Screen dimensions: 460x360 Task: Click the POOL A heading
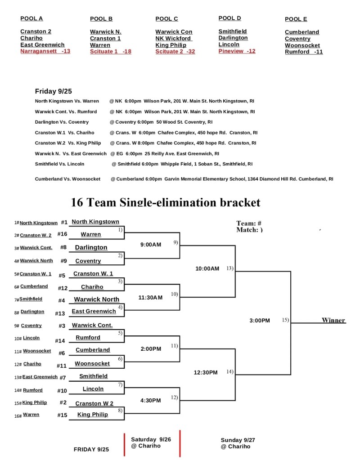(31, 18)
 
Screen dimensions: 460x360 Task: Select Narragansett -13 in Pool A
(45, 51)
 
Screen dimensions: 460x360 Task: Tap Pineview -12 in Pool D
(237, 51)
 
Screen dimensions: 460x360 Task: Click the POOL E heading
(296, 19)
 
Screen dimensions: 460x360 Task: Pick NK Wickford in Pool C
(174, 39)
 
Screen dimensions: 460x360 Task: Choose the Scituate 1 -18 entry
(111, 52)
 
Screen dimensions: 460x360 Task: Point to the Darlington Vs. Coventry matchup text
(62, 122)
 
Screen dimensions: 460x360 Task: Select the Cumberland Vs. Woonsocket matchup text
(67, 179)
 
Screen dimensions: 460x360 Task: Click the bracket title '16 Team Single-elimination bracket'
(166, 202)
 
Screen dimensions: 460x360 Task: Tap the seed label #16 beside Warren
(62, 234)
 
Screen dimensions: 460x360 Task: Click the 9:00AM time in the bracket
(150, 245)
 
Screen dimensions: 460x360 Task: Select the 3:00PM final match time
(259, 321)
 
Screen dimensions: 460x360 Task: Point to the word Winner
(333, 320)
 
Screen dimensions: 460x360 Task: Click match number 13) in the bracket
(230, 268)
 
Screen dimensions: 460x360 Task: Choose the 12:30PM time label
(205, 372)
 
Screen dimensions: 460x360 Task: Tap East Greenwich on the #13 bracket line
(94, 311)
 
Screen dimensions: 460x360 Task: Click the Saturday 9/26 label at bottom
(151, 439)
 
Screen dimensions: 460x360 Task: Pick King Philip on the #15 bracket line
(93, 415)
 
